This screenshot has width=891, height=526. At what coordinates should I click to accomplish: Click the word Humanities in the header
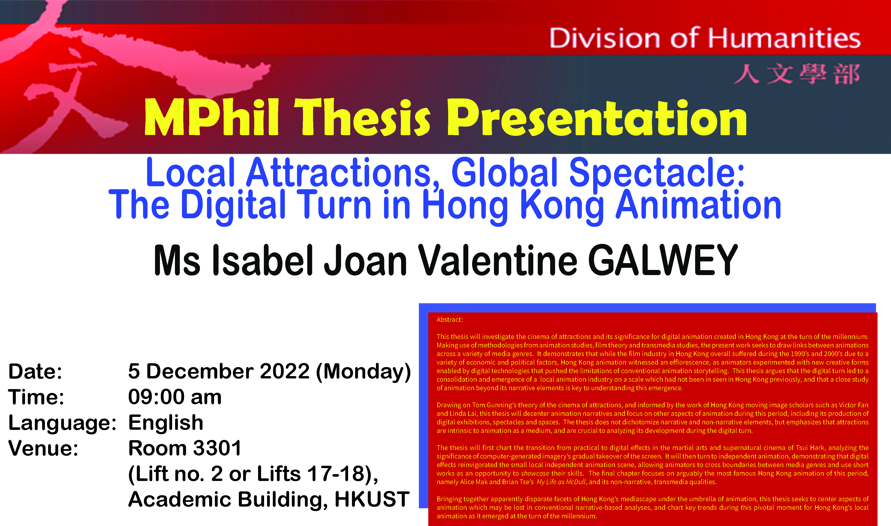pyautogui.click(x=784, y=38)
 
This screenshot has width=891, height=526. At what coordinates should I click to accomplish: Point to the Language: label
pyautogui.click(x=62, y=423)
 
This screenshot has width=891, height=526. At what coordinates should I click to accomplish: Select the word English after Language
pyautogui.click(x=166, y=423)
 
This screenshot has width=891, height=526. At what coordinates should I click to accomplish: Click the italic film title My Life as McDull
pyautogui.click(x=561, y=482)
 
